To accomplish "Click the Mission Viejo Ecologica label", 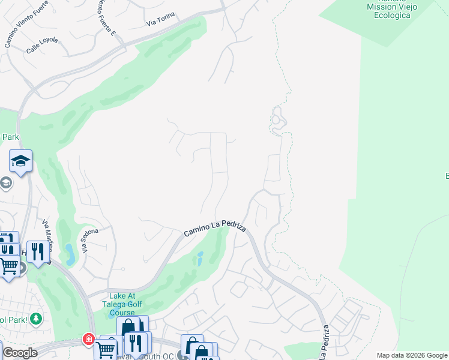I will [389, 11].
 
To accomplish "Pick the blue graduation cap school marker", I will [20, 161].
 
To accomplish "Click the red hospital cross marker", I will [89, 340].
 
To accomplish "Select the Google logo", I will [19, 353].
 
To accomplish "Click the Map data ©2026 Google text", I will [412, 355].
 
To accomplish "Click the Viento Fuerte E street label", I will [106, 17].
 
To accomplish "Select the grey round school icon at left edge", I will [5, 182].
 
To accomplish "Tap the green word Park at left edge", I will [10, 137].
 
